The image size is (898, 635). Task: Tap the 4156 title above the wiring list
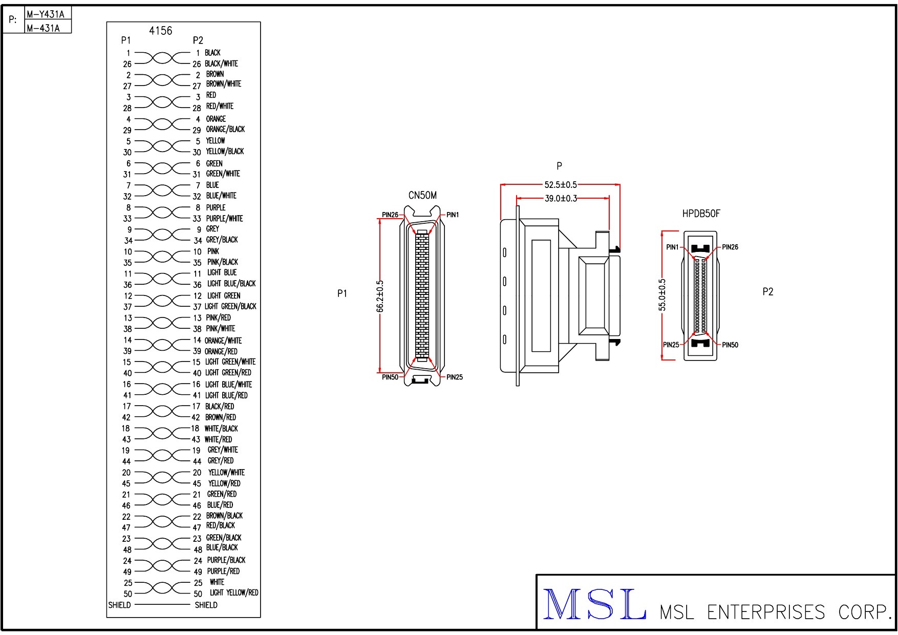pyautogui.click(x=160, y=31)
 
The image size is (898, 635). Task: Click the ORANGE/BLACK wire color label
pyautogui.click(x=225, y=130)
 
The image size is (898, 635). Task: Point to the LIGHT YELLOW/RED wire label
pyautogui.click(x=234, y=593)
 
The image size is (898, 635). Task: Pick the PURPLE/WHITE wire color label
pyautogui.click(x=224, y=219)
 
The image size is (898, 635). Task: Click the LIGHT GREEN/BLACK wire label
pyautogui.click(x=230, y=307)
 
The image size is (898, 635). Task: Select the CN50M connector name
pyautogui.click(x=422, y=196)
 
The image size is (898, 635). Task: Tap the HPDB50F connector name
pyautogui.click(x=701, y=214)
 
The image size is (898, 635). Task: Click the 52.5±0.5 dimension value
pyautogui.click(x=560, y=185)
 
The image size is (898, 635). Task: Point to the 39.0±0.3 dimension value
pyautogui.click(x=561, y=199)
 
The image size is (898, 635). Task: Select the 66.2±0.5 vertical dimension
pyautogui.click(x=380, y=296)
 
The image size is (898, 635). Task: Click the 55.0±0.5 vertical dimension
pyautogui.click(x=662, y=295)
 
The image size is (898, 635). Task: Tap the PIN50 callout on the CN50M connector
pyautogui.click(x=390, y=377)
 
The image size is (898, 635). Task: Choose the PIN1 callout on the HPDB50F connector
pyautogui.click(x=672, y=247)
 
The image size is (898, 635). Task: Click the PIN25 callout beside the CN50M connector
pyautogui.click(x=454, y=377)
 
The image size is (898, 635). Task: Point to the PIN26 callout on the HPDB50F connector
pyautogui.click(x=730, y=247)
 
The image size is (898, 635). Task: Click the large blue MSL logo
pyautogui.click(x=594, y=605)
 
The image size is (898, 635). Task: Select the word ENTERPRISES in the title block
pyautogui.click(x=766, y=612)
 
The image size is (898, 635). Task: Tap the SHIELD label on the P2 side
pyautogui.click(x=206, y=605)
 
